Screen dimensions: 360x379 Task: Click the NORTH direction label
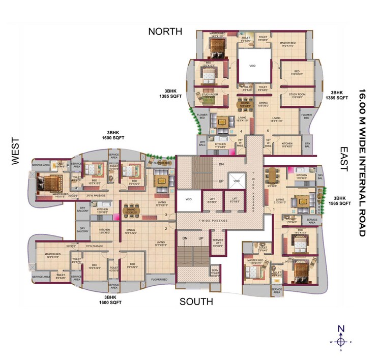(x=165, y=32)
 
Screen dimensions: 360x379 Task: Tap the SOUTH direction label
(x=196, y=302)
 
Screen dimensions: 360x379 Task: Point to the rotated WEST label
(x=15, y=151)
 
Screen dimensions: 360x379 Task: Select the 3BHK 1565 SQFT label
(x=342, y=200)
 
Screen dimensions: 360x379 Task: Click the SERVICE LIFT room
(x=218, y=243)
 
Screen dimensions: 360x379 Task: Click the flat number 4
(x=241, y=131)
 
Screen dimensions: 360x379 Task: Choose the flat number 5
(x=268, y=131)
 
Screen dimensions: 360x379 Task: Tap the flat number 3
(x=166, y=215)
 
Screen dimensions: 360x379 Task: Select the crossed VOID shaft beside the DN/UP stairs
(x=236, y=179)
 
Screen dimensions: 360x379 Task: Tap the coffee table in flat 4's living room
(x=222, y=121)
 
